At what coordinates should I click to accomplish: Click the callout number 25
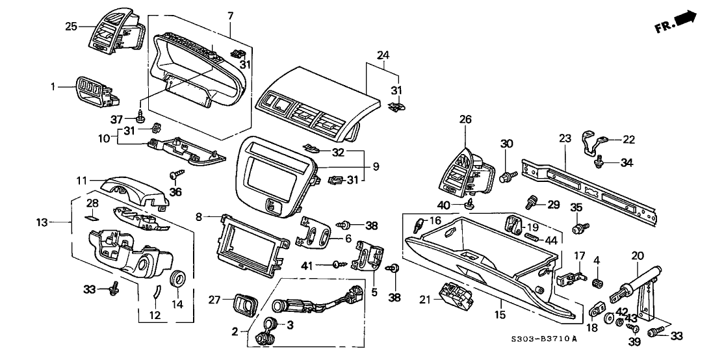tap(70, 26)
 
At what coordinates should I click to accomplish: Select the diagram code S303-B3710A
tap(545, 339)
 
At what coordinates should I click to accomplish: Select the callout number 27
tap(216, 300)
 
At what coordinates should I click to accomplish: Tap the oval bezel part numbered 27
tap(246, 302)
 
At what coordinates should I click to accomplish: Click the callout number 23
tap(564, 138)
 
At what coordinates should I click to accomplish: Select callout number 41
tap(306, 264)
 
